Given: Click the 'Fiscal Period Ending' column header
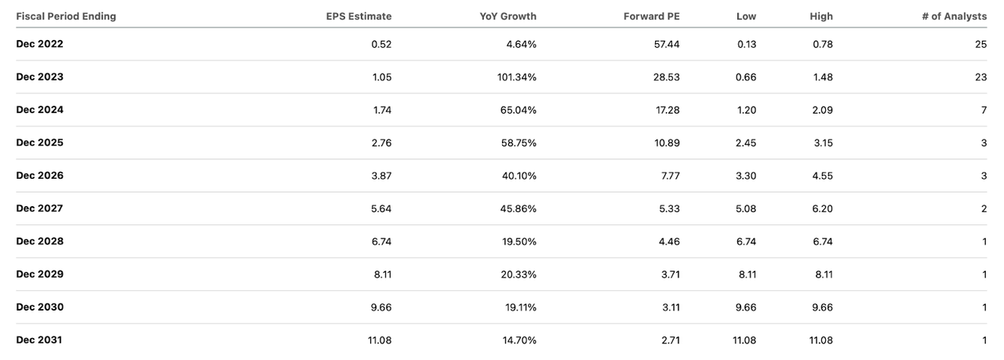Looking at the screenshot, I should click(66, 16).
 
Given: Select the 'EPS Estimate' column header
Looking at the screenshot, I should click(358, 16).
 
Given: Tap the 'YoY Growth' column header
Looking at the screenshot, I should click(508, 16).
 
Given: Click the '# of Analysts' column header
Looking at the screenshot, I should click(954, 16).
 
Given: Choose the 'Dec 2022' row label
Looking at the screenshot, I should click(40, 44).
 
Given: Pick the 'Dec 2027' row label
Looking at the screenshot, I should click(40, 209).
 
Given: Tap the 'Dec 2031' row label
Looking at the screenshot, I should click(40, 340).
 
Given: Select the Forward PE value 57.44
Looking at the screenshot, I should click(666, 44).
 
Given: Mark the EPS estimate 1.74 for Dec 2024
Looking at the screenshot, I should click(381, 110).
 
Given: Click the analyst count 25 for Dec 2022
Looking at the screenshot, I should click(980, 44).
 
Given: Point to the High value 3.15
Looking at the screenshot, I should click(822, 143).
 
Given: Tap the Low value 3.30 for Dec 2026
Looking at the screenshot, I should click(746, 176).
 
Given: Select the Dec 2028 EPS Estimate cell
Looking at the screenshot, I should click(381, 242).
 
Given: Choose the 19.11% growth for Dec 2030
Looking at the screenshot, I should click(521, 307).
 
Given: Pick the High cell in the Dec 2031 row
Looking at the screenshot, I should click(820, 340).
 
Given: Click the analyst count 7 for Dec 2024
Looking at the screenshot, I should click(984, 110).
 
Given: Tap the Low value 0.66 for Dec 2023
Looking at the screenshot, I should click(746, 77).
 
